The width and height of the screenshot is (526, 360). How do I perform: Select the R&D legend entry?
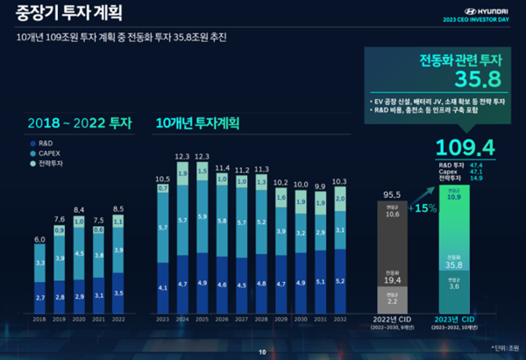coord(44,142)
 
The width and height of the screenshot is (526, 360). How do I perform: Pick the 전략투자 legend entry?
coord(47,163)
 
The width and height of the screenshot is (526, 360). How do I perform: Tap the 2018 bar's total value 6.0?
coord(39,238)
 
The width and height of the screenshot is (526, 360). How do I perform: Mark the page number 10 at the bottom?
coord(262,352)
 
